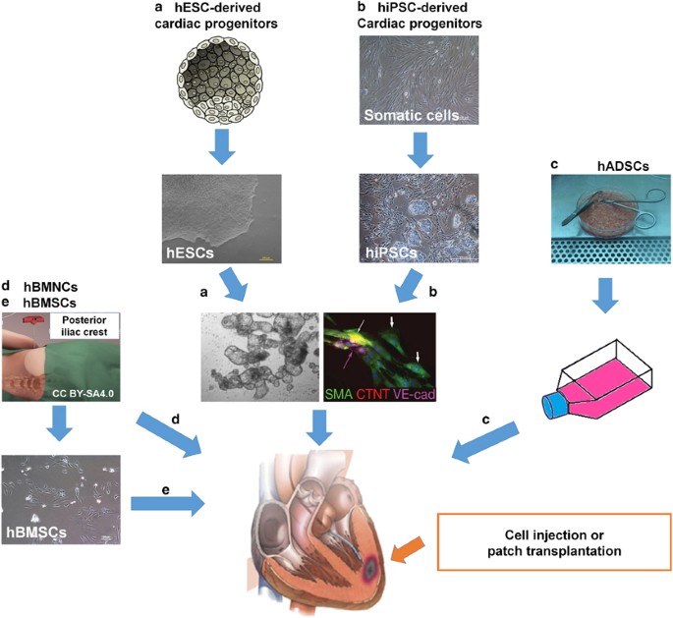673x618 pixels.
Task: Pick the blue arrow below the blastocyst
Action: pos(226,145)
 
